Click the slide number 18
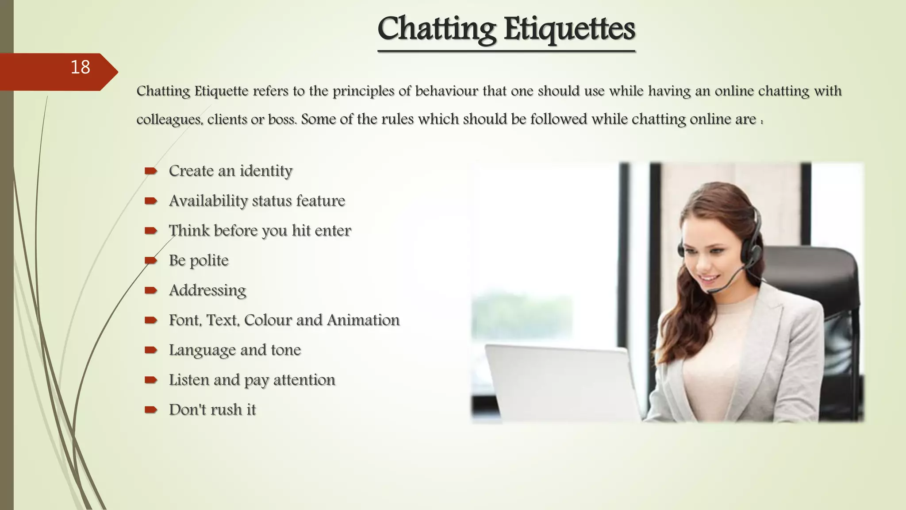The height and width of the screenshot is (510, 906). (x=80, y=68)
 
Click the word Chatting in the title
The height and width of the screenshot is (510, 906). (x=437, y=29)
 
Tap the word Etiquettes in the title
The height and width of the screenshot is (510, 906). (x=569, y=29)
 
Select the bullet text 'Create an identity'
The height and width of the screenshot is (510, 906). (x=230, y=171)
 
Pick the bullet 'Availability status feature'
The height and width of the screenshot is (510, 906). (x=257, y=201)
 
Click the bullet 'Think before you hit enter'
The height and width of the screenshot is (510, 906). (x=260, y=231)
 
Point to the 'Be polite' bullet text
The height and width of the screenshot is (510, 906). (x=199, y=260)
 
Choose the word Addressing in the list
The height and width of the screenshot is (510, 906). (x=207, y=290)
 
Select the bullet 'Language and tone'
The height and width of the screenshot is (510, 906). (x=234, y=350)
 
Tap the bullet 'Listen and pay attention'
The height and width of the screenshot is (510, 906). (x=252, y=380)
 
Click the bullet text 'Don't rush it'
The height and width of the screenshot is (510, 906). (x=212, y=410)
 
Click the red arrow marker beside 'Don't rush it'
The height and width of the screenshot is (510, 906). (x=150, y=410)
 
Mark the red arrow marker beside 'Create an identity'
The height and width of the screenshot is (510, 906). (x=150, y=171)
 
